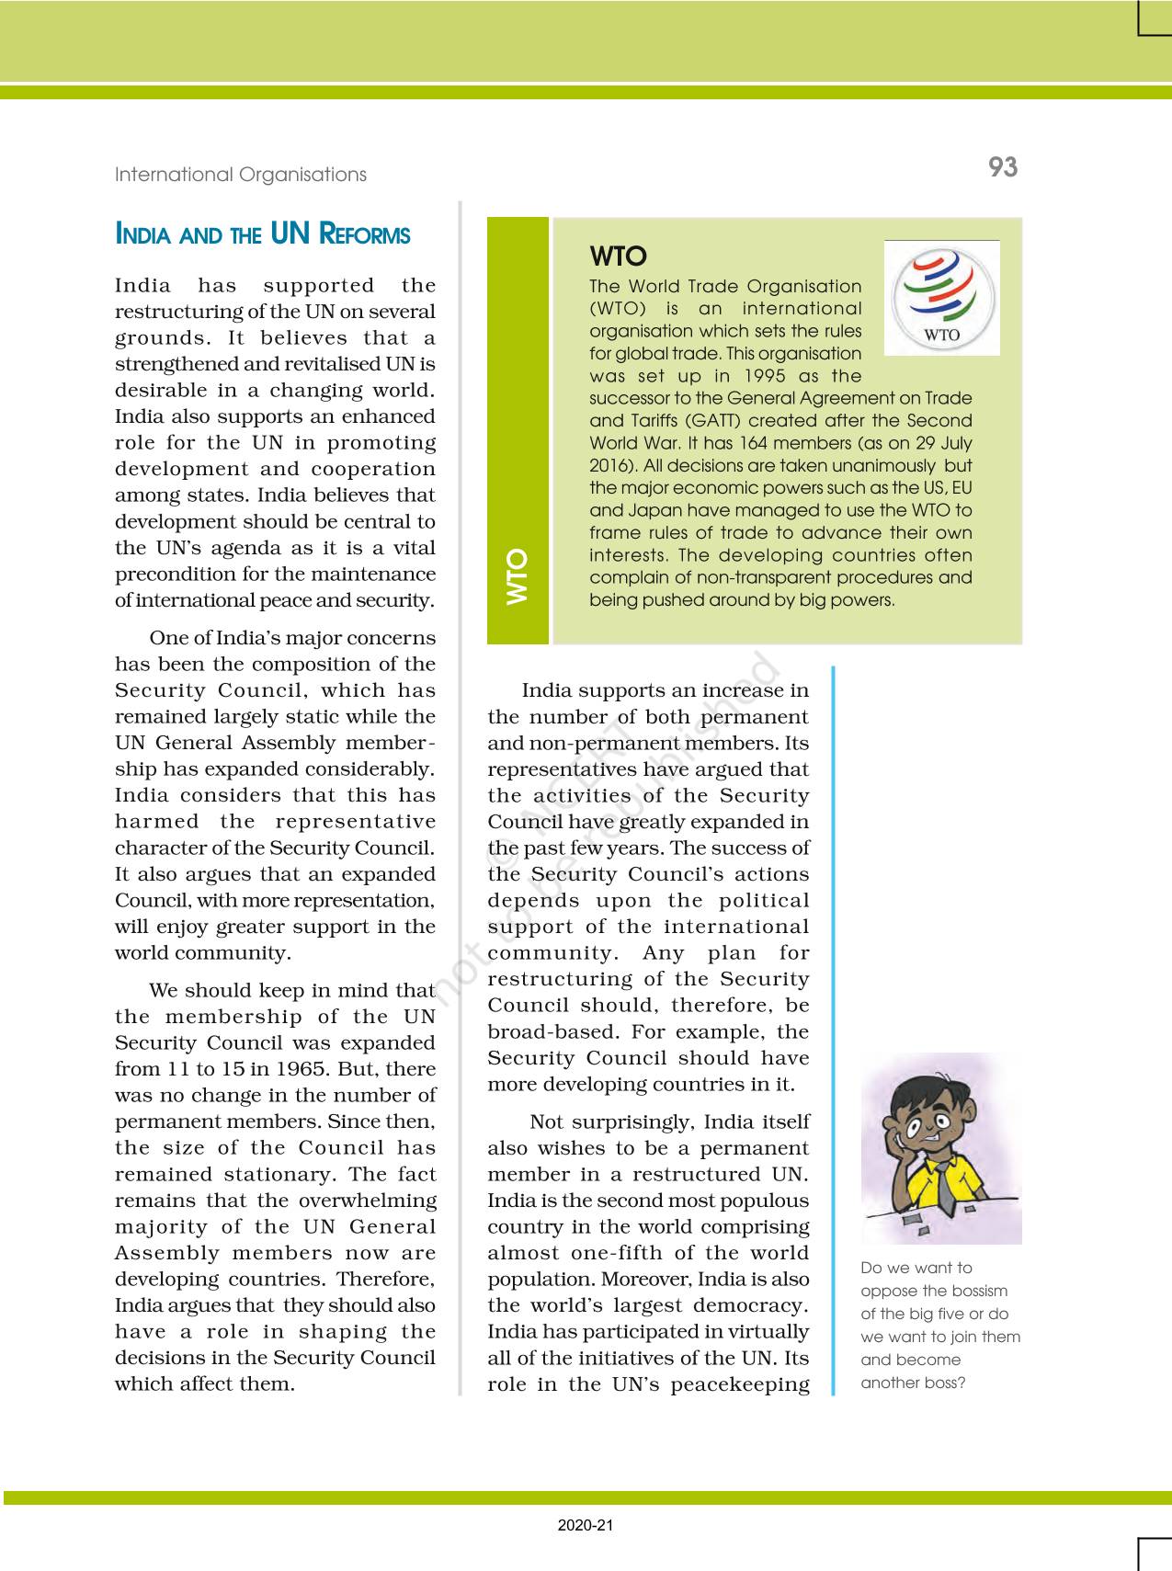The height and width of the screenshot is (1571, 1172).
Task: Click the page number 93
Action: point(1003,167)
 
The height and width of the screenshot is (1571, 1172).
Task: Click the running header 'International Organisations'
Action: point(240,175)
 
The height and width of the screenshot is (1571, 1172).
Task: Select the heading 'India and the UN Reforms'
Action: point(262,234)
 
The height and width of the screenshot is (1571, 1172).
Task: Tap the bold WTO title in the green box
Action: point(618,256)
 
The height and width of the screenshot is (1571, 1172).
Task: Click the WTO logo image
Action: point(941,298)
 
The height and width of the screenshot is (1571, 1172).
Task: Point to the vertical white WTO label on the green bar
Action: point(518,576)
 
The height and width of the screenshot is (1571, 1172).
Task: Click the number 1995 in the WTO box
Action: point(742,376)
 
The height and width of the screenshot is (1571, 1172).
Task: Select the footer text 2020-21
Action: point(586,1526)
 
